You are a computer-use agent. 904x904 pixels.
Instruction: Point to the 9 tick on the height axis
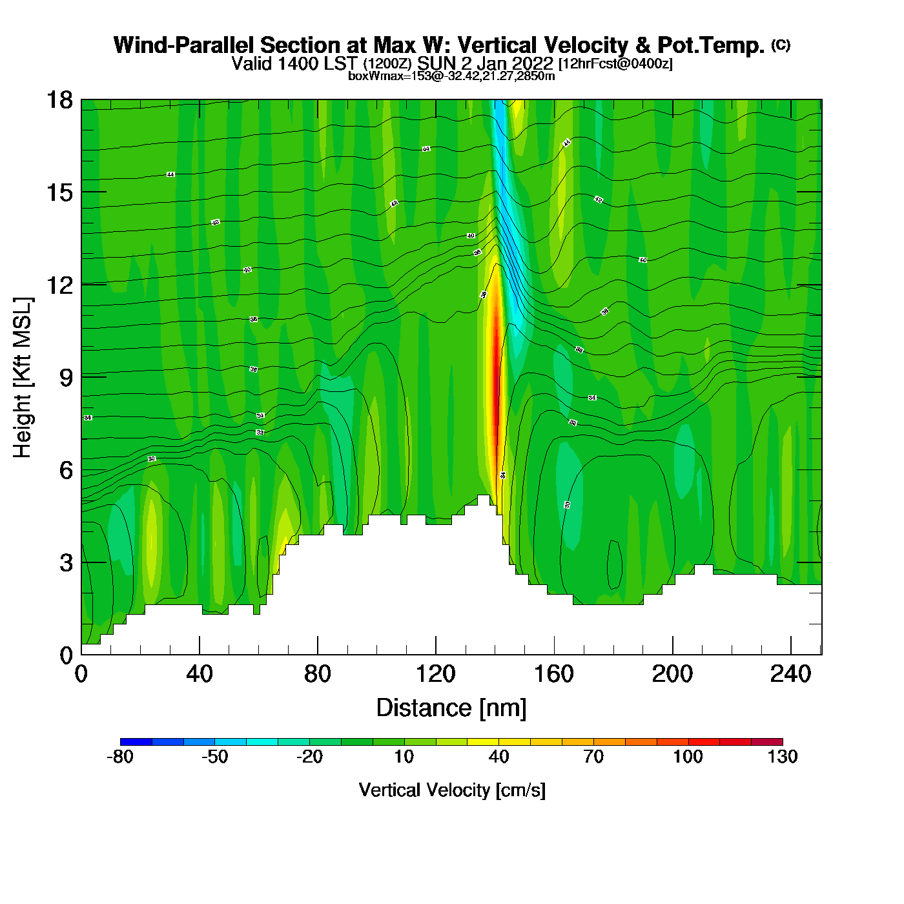(81, 377)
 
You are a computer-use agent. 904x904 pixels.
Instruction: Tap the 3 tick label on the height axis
(66, 562)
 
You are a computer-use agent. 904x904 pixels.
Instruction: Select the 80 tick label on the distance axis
(317, 674)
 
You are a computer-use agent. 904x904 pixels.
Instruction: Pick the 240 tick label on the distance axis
(790, 674)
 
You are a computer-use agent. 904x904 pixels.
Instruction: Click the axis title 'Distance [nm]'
(451, 708)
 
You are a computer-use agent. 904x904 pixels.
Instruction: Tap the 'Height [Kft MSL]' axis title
(23, 378)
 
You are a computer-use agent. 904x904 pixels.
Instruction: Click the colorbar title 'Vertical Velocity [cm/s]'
(452, 790)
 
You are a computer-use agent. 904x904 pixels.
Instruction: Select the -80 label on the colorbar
(120, 757)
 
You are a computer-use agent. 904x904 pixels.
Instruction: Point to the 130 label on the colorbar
(783, 757)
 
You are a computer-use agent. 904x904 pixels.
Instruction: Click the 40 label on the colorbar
(498, 757)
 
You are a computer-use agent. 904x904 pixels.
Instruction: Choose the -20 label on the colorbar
(309, 757)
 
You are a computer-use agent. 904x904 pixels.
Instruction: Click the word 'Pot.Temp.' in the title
(710, 45)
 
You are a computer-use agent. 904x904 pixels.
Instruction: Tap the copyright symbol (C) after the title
(781, 45)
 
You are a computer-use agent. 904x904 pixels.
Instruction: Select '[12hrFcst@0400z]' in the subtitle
(615, 64)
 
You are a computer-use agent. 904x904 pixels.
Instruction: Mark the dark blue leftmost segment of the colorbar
(136, 742)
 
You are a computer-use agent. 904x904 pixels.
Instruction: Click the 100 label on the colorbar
(688, 757)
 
